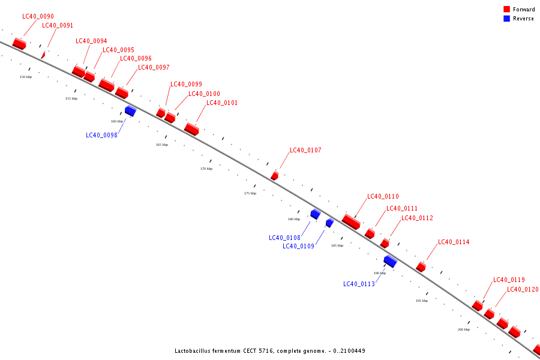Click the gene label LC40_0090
pos(38,16)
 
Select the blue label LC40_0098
pos(101,135)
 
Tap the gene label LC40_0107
pos(305,150)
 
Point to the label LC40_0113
pos(359,284)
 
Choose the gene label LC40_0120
pos(523,289)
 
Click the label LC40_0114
pos(454,242)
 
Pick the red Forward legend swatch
pos(507,10)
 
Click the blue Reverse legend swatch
pos(507,19)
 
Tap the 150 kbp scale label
pos(26,77)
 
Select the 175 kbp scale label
pos(250,193)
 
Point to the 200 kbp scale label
pos(464,329)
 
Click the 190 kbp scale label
pos(380,273)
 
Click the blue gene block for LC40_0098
pos(130,111)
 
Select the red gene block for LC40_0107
pos(274,176)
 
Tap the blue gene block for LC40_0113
pos(390,261)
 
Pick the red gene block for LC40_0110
pos(351,222)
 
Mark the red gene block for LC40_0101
pos(191,129)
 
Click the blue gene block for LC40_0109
pos(329,223)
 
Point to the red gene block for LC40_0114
pos(421,267)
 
